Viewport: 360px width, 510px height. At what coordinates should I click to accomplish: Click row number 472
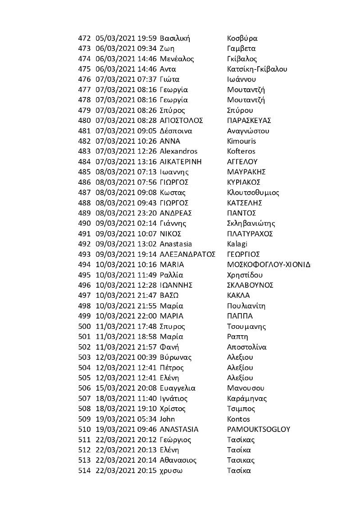coord(84,38)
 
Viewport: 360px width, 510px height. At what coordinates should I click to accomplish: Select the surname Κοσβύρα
coord(242,38)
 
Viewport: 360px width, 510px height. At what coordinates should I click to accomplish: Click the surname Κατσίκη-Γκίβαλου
coord(257,69)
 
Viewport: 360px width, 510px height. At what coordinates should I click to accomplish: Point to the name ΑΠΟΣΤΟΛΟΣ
coord(181,120)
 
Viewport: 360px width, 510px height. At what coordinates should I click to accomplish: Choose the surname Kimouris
coord(242,141)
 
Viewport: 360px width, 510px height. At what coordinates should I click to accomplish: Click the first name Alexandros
coord(178,151)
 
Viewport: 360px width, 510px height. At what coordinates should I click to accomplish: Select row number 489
coord(84,213)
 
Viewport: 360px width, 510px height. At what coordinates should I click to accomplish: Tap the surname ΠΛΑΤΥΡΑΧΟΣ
coord(251,234)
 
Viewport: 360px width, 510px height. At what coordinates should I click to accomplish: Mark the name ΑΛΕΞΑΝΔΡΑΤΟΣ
coord(187,254)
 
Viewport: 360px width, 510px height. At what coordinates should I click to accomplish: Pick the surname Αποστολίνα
coord(247,347)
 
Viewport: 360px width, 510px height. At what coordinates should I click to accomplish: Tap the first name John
coord(168,419)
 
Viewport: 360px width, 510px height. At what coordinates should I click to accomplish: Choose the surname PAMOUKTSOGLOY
coord(259,429)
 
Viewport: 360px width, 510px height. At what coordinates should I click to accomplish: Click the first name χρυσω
coord(172,470)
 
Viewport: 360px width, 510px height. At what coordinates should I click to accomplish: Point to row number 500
coord(84,326)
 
